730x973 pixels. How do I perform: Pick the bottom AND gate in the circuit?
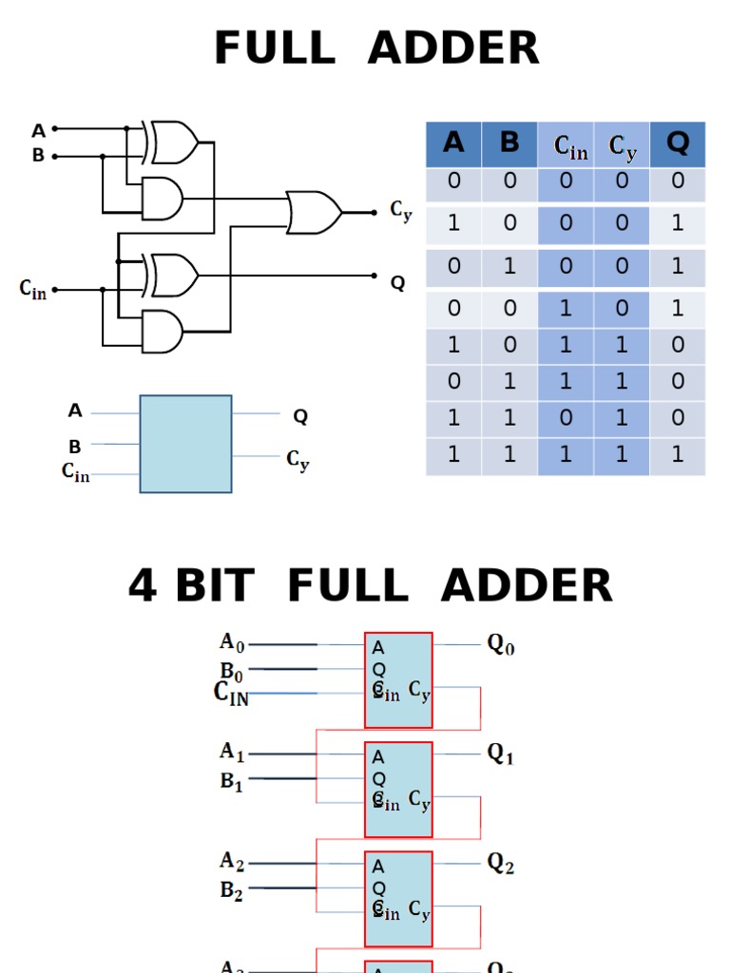click(x=162, y=332)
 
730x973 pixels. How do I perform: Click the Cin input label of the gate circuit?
click(x=32, y=289)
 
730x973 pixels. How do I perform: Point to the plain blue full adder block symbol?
click(x=185, y=444)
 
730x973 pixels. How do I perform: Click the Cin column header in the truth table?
click(x=570, y=146)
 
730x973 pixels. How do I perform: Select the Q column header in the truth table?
click(x=678, y=143)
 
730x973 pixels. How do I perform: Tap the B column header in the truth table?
click(x=509, y=143)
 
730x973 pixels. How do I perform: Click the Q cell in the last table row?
click(x=678, y=455)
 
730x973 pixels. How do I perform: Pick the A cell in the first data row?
click(x=453, y=181)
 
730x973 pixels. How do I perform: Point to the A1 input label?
click(x=232, y=752)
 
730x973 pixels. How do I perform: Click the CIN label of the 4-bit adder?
click(x=231, y=694)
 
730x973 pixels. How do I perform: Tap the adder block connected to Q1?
click(x=398, y=790)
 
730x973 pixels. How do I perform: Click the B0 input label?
click(x=232, y=673)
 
